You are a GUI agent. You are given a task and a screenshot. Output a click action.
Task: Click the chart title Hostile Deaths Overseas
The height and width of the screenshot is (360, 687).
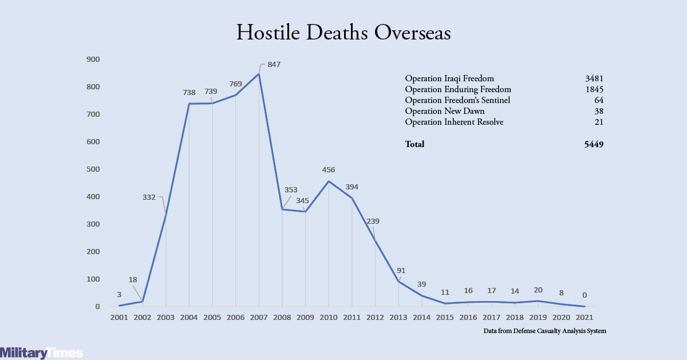pyautogui.click(x=343, y=32)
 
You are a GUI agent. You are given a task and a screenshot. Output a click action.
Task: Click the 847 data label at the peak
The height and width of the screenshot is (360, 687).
pyautogui.click(x=274, y=65)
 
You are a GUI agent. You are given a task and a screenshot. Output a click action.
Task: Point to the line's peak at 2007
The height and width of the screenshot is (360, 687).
pyautogui.click(x=259, y=74)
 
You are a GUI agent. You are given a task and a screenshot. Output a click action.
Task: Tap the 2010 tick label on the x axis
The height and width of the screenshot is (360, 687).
pyautogui.click(x=329, y=318)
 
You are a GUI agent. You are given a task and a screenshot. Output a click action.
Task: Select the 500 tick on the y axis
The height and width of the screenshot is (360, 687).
pyautogui.click(x=93, y=169)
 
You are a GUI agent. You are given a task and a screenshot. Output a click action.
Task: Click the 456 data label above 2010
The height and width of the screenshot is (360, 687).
pyautogui.click(x=329, y=170)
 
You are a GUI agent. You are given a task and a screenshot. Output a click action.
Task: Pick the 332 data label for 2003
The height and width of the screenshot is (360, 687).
pyautogui.click(x=149, y=197)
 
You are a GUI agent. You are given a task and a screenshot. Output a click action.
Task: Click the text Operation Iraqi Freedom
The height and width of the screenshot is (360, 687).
pyautogui.click(x=449, y=78)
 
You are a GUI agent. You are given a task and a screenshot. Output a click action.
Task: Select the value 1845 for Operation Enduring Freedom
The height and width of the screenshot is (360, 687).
pyautogui.click(x=594, y=89)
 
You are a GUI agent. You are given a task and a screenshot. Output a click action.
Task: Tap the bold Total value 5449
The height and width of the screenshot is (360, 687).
pyautogui.click(x=594, y=144)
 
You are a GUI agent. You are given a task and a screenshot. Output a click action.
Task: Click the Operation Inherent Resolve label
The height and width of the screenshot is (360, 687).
pyautogui.click(x=454, y=122)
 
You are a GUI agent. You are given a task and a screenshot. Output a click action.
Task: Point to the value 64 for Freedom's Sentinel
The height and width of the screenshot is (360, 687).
pyautogui.click(x=599, y=100)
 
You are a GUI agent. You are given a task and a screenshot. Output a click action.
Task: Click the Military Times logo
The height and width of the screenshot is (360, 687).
pyautogui.click(x=41, y=353)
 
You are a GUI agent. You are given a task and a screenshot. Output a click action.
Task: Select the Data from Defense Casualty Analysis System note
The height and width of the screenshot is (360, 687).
pyautogui.click(x=544, y=331)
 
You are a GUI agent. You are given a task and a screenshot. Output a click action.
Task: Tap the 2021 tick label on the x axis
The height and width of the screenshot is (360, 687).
pyautogui.click(x=585, y=318)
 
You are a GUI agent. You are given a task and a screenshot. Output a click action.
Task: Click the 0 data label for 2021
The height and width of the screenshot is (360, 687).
pyautogui.click(x=585, y=295)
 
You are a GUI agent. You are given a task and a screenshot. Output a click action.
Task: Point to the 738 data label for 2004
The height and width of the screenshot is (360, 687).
pyautogui.click(x=189, y=93)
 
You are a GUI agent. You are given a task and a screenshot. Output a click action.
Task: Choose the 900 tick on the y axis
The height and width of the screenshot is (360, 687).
pyautogui.click(x=93, y=60)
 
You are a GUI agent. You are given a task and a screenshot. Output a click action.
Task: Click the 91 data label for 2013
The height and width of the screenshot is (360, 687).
pyautogui.click(x=401, y=271)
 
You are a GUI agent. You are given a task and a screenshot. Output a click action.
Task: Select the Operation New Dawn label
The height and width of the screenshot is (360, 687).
pyautogui.click(x=445, y=111)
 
